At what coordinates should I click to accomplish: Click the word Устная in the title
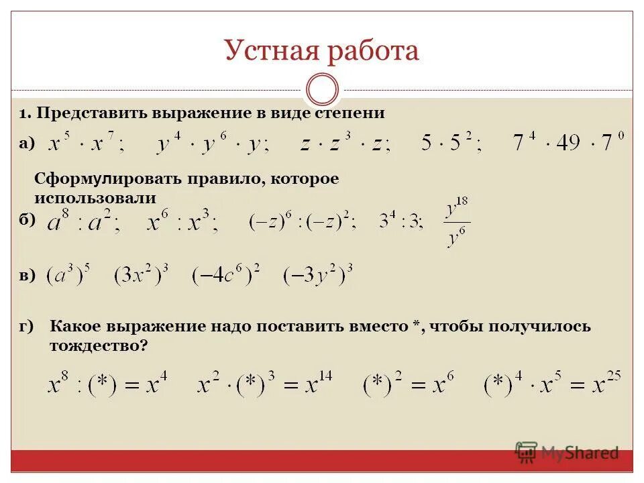[x=271, y=51]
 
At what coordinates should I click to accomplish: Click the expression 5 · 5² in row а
[x=450, y=142]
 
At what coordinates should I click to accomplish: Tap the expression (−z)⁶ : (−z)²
[x=302, y=221]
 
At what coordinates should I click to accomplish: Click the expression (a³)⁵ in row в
[x=68, y=275]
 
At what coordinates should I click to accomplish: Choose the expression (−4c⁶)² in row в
[x=225, y=275]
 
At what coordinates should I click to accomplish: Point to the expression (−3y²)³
[x=317, y=275]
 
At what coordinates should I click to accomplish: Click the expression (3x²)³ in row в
[x=141, y=275]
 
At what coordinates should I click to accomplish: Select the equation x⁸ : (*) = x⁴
[x=107, y=385]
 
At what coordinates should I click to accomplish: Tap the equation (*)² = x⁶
[x=409, y=385]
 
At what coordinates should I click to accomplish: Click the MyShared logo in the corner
[x=567, y=452]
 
